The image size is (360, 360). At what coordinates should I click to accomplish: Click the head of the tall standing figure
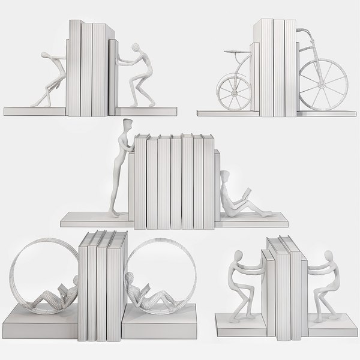click(127, 126)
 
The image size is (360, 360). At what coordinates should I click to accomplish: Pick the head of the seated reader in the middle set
click(225, 176)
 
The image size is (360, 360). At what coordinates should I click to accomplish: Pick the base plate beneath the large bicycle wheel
click(324, 112)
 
